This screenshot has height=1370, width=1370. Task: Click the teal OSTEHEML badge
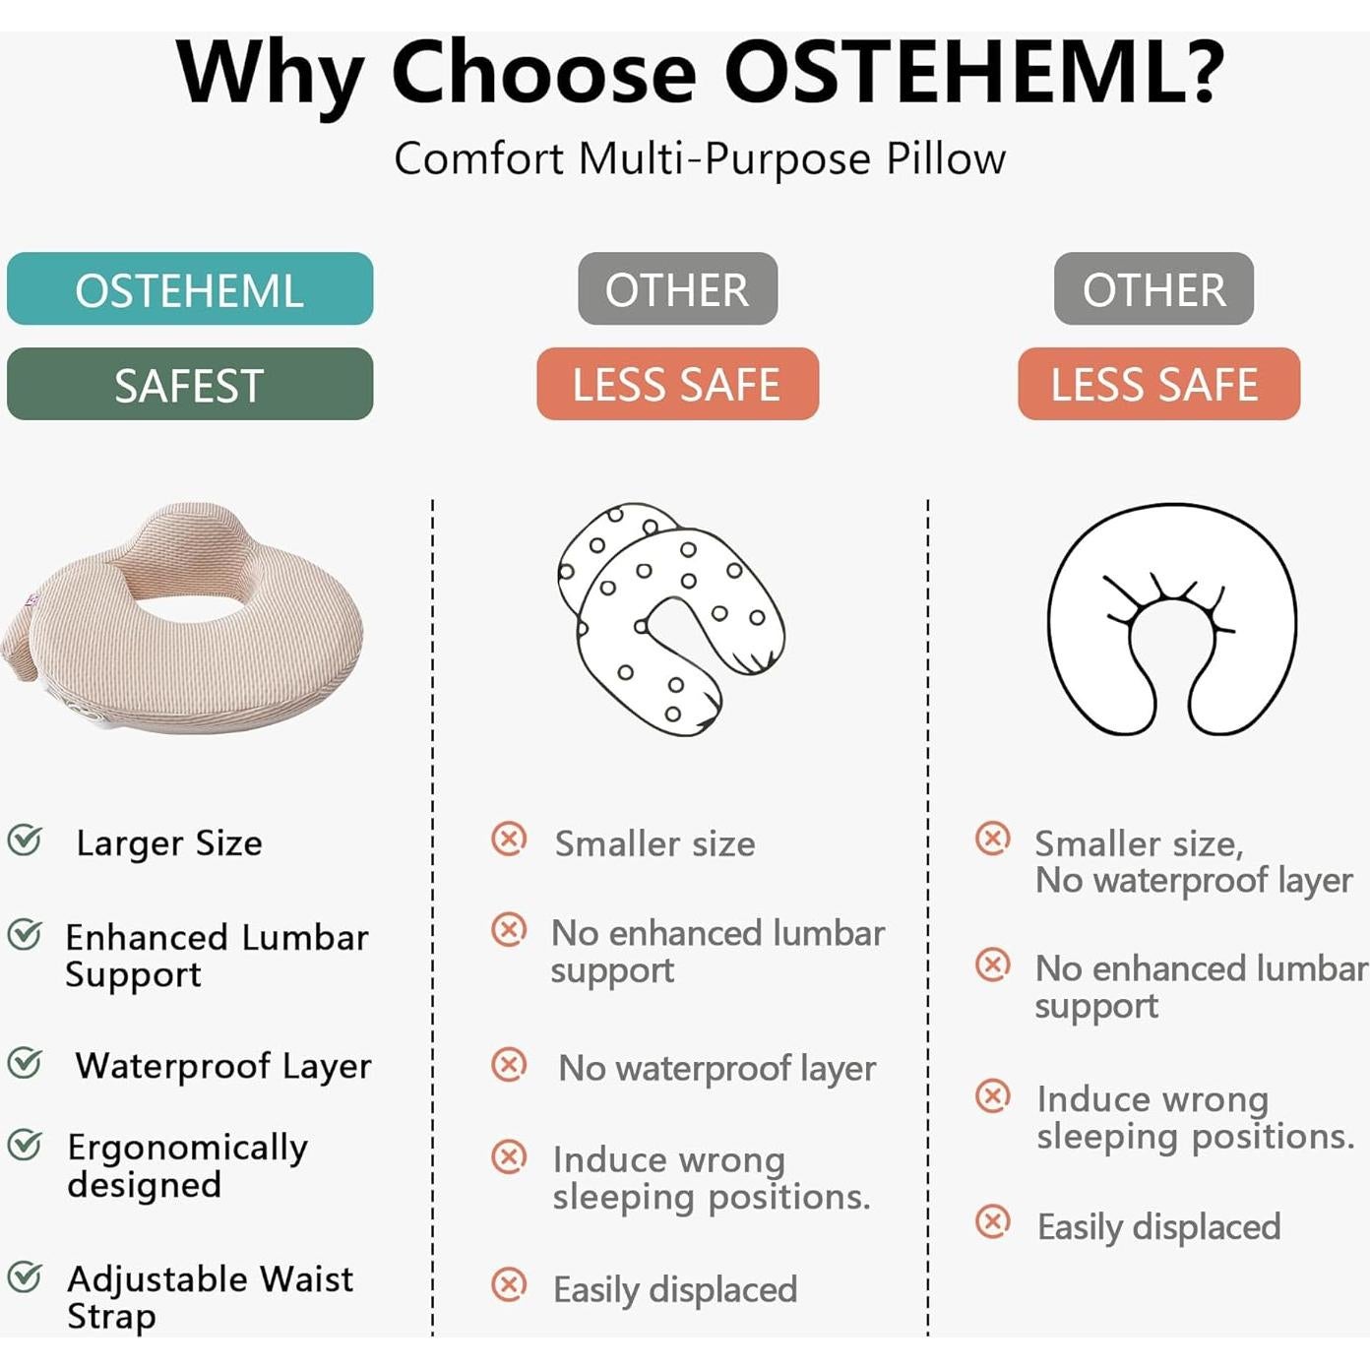(190, 288)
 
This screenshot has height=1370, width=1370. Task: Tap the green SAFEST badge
(190, 384)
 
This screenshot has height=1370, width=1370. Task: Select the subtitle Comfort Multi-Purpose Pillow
(700, 158)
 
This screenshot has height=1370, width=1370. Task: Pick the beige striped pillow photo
(182, 617)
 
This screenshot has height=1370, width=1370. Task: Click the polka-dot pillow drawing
(669, 618)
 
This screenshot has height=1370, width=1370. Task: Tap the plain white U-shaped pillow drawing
(1171, 618)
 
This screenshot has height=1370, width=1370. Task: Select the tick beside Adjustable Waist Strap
(25, 1277)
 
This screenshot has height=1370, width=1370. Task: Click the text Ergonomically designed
(188, 1166)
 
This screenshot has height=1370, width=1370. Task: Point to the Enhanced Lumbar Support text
(217, 956)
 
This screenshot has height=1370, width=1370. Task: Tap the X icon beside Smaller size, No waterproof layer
(992, 839)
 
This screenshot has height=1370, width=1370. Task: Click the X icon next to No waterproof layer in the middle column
(509, 1064)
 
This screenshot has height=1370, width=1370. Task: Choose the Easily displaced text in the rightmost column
(1158, 1227)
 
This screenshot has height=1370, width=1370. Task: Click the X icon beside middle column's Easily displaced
(509, 1284)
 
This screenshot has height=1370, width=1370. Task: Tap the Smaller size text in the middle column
(654, 843)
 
